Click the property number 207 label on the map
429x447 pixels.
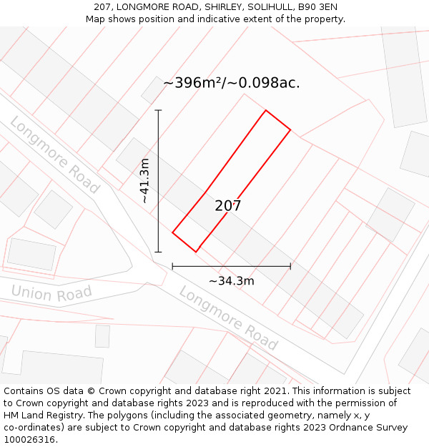228,206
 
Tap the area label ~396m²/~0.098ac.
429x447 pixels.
231,83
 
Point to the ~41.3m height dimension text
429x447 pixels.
145,181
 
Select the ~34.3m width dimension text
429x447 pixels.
231,281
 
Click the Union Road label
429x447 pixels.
51,293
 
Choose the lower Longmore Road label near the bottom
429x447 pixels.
227,318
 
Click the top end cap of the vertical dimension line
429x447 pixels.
158,110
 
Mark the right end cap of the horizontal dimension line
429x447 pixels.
290,267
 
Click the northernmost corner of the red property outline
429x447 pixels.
266,110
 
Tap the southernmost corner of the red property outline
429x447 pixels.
196,252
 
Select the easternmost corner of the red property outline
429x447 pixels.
290,130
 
